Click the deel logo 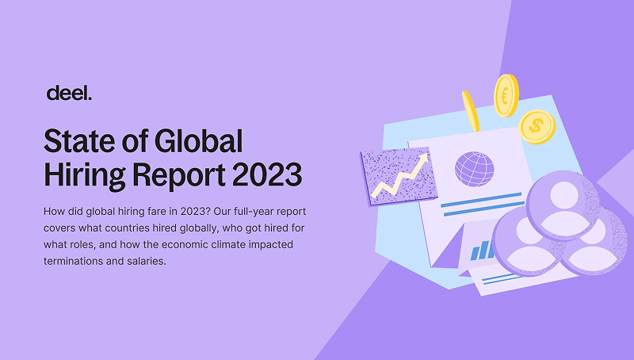pyautogui.click(x=69, y=93)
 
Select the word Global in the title pyautogui.click(x=199, y=141)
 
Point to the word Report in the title pyautogui.click(x=178, y=175)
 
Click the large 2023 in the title pyautogui.click(x=267, y=174)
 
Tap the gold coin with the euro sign pyautogui.click(x=506, y=95)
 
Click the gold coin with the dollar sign pyautogui.click(x=537, y=127)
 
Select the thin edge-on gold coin pyautogui.click(x=471, y=111)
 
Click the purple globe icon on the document pyautogui.click(x=474, y=169)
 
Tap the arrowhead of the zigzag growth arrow pyautogui.click(x=423, y=159)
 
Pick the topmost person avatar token pyautogui.click(x=563, y=205)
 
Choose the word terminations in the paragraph pyautogui.click(x=73, y=261)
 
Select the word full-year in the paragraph pyautogui.click(x=254, y=212)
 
